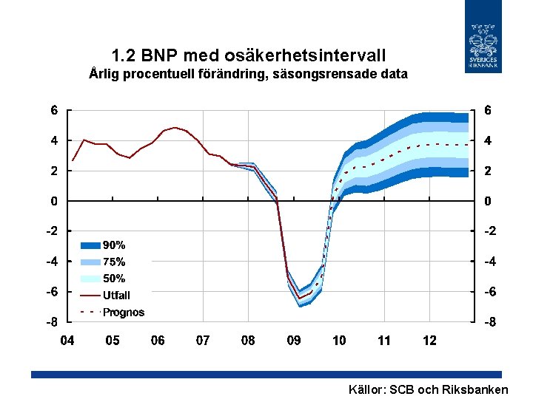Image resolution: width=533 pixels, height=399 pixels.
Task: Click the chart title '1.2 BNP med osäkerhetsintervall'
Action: (248, 55)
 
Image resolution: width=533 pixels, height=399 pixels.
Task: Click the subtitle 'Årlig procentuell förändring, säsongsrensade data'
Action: (248, 74)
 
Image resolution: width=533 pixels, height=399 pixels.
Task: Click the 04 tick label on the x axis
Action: (67, 341)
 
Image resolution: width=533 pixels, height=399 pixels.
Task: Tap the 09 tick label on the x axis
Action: (294, 341)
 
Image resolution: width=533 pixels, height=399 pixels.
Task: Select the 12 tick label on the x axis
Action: (429, 341)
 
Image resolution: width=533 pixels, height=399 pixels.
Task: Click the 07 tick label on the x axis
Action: (203, 341)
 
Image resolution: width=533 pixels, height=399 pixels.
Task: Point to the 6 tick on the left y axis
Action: (54, 110)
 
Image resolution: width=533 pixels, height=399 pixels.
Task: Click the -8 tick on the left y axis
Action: (52, 323)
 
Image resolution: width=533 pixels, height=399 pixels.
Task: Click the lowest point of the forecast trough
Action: (299, 299)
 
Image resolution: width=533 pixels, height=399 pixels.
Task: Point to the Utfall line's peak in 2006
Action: (175, 127)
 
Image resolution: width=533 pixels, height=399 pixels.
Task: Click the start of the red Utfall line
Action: (72, 160)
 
